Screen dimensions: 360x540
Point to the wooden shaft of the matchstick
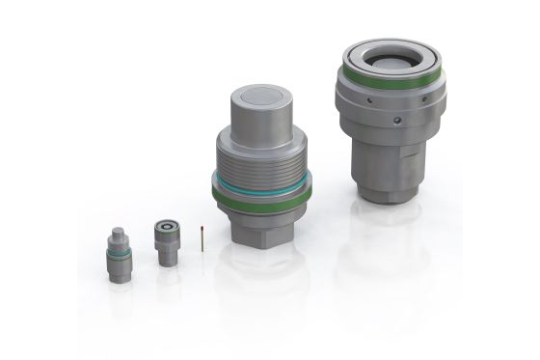201,240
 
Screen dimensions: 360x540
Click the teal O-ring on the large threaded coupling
256,183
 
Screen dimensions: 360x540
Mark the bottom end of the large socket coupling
386,198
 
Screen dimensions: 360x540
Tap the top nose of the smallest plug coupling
117,234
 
